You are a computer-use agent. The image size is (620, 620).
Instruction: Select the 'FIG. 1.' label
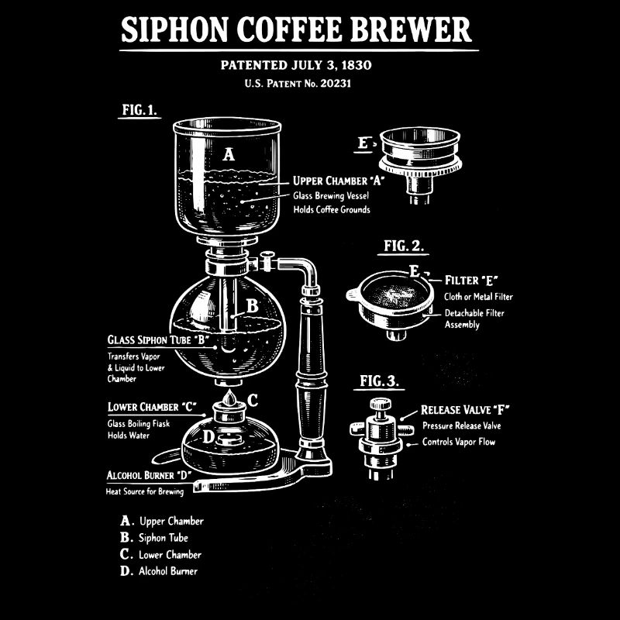point(139,110)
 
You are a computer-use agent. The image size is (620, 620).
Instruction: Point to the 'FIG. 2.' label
point(404,246)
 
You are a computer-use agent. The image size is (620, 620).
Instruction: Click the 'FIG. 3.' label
point(381,381)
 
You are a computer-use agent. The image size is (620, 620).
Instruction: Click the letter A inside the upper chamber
point(228,154)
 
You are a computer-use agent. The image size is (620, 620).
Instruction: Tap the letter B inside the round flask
point(252,306)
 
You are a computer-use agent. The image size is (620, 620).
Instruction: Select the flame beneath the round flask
point(229,398)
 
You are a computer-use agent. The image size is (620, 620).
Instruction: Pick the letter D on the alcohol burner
point(208,436)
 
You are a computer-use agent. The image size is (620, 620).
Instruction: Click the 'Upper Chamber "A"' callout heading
point(339,181)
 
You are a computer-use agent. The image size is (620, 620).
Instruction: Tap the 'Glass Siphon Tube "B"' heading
point(158,339)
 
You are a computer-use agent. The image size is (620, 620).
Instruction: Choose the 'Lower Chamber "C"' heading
point(151,407)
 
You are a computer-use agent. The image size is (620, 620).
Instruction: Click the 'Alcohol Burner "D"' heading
point(149,475)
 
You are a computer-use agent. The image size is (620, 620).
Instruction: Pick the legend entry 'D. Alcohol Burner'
point(158,572)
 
